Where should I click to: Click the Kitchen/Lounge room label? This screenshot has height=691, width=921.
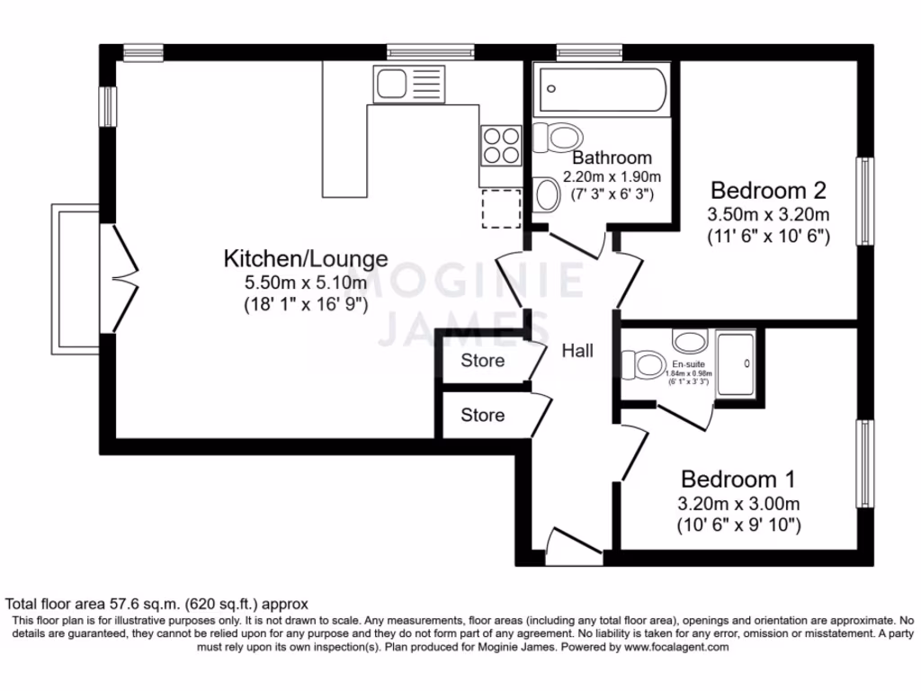click(305, 259)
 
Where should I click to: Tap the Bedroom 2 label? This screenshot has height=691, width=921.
click(768, 191)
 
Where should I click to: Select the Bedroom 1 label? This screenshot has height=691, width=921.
click(738, 479)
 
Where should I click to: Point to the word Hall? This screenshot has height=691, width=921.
click(577, 351)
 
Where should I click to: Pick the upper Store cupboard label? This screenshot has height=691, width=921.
click(483, 361)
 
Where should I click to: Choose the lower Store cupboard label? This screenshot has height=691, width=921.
click(483, 415)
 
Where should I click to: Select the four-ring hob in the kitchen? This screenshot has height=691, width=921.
click(502, 145)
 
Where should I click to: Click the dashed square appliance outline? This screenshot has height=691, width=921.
click(502, 209)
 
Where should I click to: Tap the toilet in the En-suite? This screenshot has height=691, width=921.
click(645, 365)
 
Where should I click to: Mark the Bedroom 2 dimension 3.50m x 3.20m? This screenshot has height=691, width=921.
click(768, 215)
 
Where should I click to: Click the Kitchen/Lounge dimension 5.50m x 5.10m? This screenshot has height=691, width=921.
click(305, 283)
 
